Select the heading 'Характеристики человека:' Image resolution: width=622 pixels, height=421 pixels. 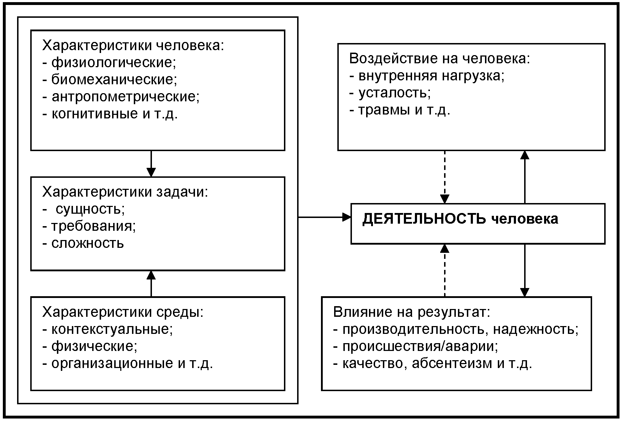(x=133, y=46)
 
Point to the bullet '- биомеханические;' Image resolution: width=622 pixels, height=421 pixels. (x=110, y=79)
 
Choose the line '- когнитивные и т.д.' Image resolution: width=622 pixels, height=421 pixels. (x=110, y=113)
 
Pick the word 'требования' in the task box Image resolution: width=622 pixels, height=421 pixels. (x=92, y=226)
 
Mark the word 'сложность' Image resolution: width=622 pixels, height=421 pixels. (x=88, y=243)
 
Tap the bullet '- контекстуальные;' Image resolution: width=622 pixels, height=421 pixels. (x=108, y=329)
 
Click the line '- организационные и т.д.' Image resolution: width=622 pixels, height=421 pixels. (x=128, y=363)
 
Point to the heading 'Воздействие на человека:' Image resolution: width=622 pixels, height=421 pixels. (x=440, y=58)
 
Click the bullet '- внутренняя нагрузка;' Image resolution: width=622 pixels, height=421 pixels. (x=427, y=76)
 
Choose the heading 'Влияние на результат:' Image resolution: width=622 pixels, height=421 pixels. (x=412, y=312)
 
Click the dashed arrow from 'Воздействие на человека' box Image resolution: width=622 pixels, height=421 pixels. (x=445, y=177)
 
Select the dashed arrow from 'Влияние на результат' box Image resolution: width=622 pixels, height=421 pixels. (x=445, y=270)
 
